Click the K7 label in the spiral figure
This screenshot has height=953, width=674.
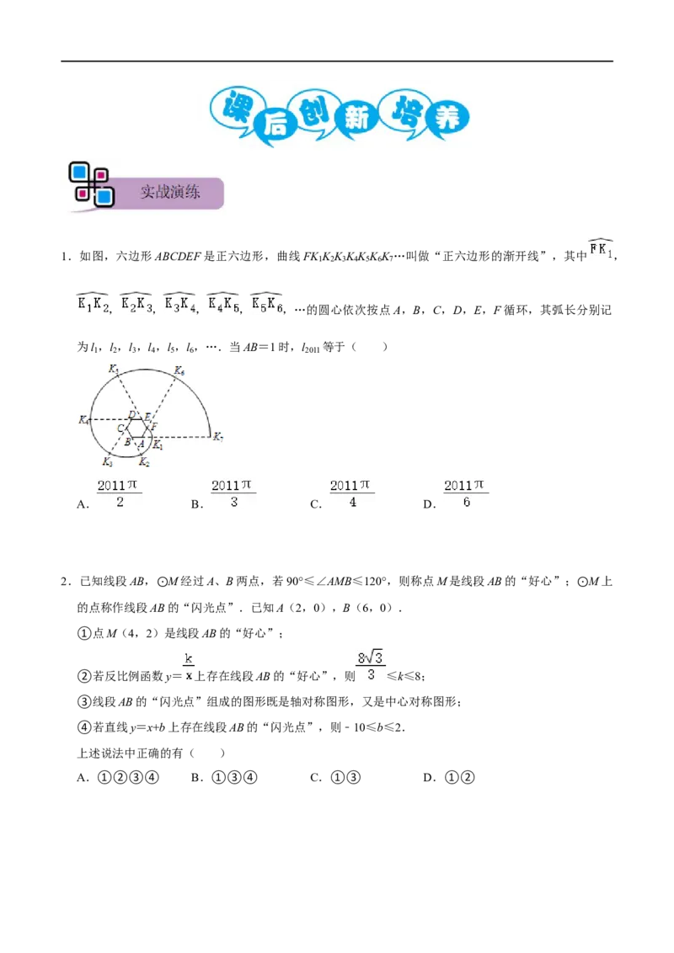(217, 436)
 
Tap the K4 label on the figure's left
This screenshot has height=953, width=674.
(84, 419)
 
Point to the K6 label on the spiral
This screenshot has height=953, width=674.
(179, 370)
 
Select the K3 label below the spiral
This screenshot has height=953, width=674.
(108, 462)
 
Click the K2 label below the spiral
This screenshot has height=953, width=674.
(144, 462)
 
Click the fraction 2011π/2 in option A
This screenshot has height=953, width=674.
(120, 492)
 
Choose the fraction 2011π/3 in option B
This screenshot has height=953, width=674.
(233, 492)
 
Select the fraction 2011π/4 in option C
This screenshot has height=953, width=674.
(351, 492)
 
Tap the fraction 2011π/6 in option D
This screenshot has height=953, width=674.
(466, 492)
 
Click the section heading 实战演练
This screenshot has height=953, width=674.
(170, 192)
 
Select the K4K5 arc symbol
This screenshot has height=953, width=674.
(223, 302)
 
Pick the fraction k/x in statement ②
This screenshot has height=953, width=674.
(189, 667)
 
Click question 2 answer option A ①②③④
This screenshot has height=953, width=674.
(118, 777)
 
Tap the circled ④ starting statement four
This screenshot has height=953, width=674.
(84, 727)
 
